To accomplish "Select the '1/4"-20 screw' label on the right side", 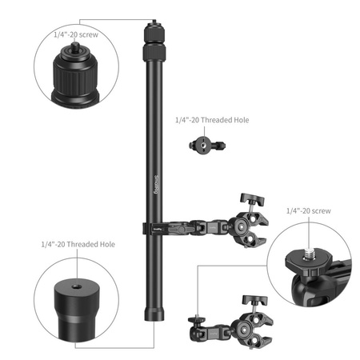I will [310, 211].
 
